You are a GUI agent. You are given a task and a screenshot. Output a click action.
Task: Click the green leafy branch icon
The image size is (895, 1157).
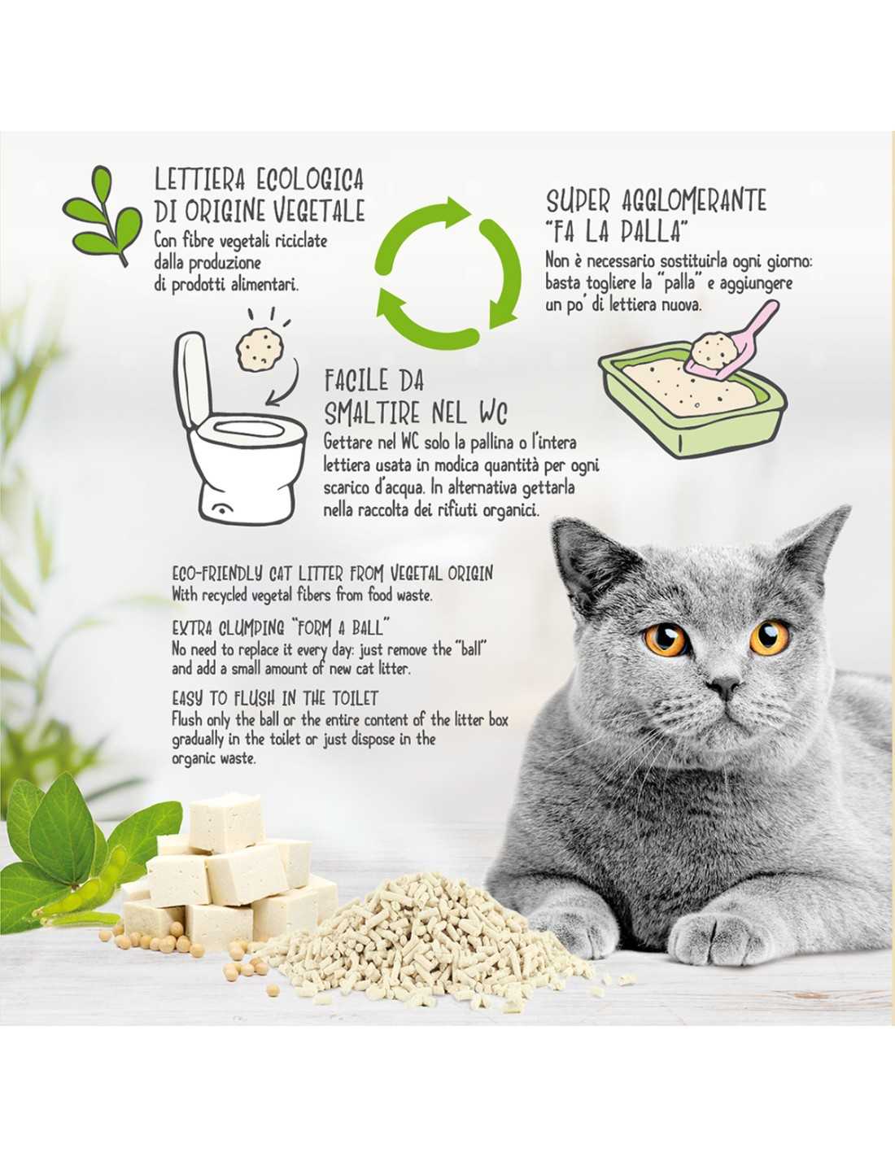(x=103, y=216)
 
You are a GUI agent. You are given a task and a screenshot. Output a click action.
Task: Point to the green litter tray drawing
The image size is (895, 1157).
(x=692, y=401)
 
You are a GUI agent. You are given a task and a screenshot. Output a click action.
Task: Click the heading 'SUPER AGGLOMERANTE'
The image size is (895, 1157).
(x=657, y=200)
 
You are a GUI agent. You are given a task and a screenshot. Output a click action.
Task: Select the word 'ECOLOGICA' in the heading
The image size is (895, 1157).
(x=310, y=180)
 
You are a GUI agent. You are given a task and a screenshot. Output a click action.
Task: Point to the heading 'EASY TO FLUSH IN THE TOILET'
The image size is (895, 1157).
(x=275, y=697)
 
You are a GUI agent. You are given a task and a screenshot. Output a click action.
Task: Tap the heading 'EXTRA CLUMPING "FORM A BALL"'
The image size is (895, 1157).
(x=277, y=628)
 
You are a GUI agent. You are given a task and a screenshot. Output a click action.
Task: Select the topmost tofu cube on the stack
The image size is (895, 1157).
(x=226, y=822)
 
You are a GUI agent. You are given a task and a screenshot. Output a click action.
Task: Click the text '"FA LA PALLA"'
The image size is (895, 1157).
(x=615, y=233)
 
